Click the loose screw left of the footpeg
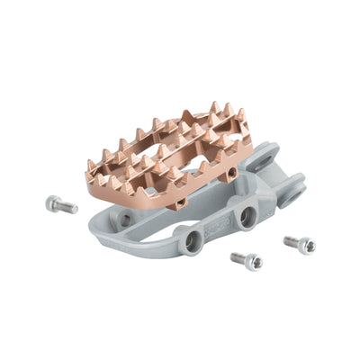tap(61, 205)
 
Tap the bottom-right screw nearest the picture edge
tap(300, 244)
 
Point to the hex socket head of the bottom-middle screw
tap(255, 263)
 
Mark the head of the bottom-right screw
tap(307, 246)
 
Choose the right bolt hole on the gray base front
tap(246, 216)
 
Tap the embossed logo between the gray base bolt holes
tap(216, 228)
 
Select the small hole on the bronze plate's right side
tap(232, 171)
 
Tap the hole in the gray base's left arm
tap(126, 218)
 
